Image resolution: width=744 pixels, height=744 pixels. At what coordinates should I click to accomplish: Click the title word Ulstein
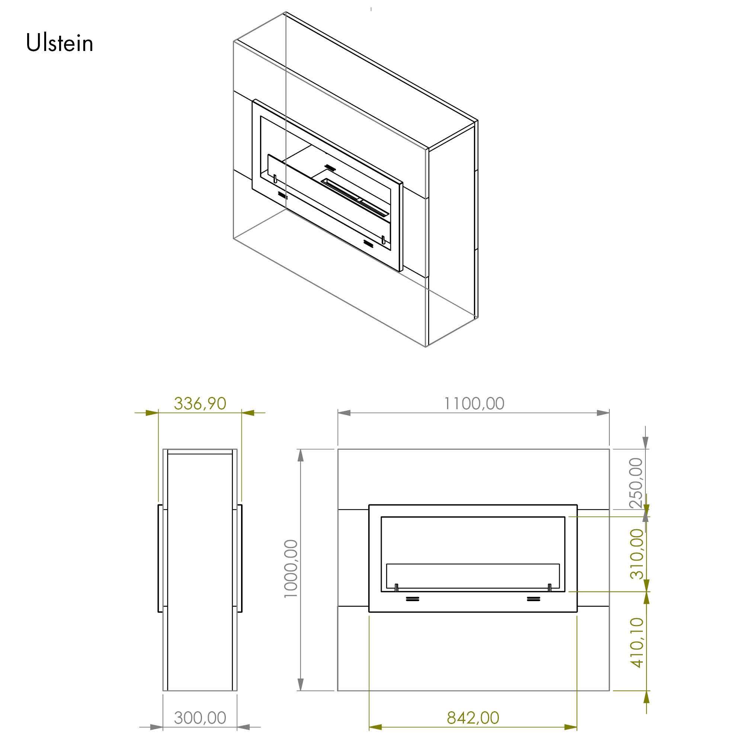[60, 43]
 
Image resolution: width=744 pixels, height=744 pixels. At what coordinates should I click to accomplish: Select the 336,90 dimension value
[200, 404]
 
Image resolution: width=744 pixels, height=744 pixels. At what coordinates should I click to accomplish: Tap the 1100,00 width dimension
[474, 404]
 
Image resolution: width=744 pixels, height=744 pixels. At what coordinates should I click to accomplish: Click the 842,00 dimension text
[473, 718]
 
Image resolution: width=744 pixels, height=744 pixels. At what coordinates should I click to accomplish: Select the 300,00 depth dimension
[200, 718]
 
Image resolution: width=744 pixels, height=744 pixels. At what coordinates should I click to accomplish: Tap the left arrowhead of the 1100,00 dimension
[344, 413]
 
